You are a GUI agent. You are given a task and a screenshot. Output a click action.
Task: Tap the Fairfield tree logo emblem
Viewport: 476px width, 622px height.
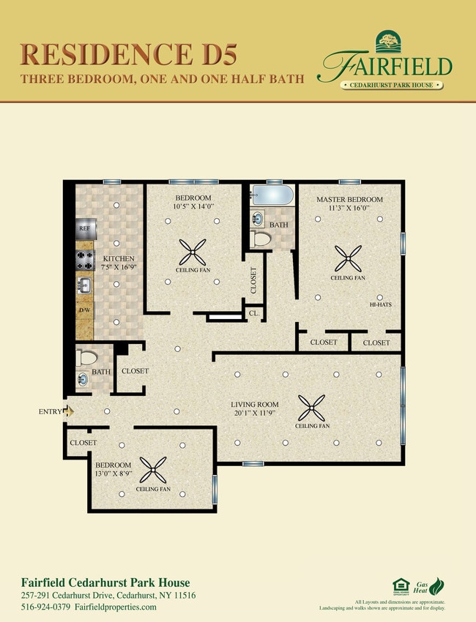(387, 42)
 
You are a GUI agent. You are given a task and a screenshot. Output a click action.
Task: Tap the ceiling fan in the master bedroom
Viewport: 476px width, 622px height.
(348, 257)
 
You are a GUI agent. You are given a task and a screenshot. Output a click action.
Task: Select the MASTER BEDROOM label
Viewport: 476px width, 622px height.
(349, 200)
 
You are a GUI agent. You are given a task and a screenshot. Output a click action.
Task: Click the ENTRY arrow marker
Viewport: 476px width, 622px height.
(70, 412)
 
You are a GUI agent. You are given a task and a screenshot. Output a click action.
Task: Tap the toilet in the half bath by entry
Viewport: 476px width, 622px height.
(86, 358)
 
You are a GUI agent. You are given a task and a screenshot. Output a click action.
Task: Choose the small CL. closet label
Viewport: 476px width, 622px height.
(253, 313)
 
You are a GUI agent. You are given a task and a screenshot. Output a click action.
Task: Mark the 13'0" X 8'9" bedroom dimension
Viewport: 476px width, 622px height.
(114, 475)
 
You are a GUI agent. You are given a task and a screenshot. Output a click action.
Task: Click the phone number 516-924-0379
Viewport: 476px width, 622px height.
(45, 607)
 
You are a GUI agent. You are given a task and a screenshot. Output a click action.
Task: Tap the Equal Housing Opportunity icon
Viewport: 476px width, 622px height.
(401, 585)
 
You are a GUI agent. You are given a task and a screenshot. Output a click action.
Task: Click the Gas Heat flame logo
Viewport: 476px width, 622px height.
(436, 586)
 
